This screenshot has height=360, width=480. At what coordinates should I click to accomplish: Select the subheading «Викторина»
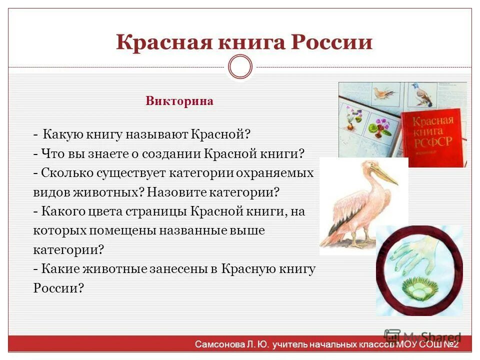tap(179, 101)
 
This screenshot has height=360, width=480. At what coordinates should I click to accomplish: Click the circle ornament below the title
tap(240, 67)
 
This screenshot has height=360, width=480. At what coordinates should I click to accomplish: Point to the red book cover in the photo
tap(433, 135)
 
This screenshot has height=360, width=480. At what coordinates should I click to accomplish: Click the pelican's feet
tap(357, 243)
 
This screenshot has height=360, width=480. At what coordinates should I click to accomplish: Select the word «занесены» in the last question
tap(176, 269)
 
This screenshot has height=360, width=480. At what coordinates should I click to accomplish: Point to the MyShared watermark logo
tap(393, 335)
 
